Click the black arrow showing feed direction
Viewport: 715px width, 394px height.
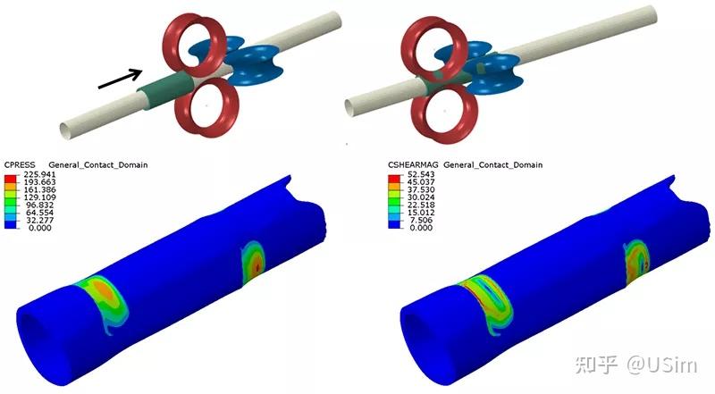click(121, 79)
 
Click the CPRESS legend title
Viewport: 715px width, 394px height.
click(19, 164)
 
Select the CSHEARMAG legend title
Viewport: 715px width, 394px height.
click(413, 164)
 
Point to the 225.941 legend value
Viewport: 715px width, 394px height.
click(43, 174)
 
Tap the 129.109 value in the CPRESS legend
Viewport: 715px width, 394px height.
click(43, 197)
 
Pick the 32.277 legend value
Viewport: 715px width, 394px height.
click(41, 221)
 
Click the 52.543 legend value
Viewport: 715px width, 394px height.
click(422, 174)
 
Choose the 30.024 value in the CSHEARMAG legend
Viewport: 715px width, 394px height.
click(422, 197)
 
